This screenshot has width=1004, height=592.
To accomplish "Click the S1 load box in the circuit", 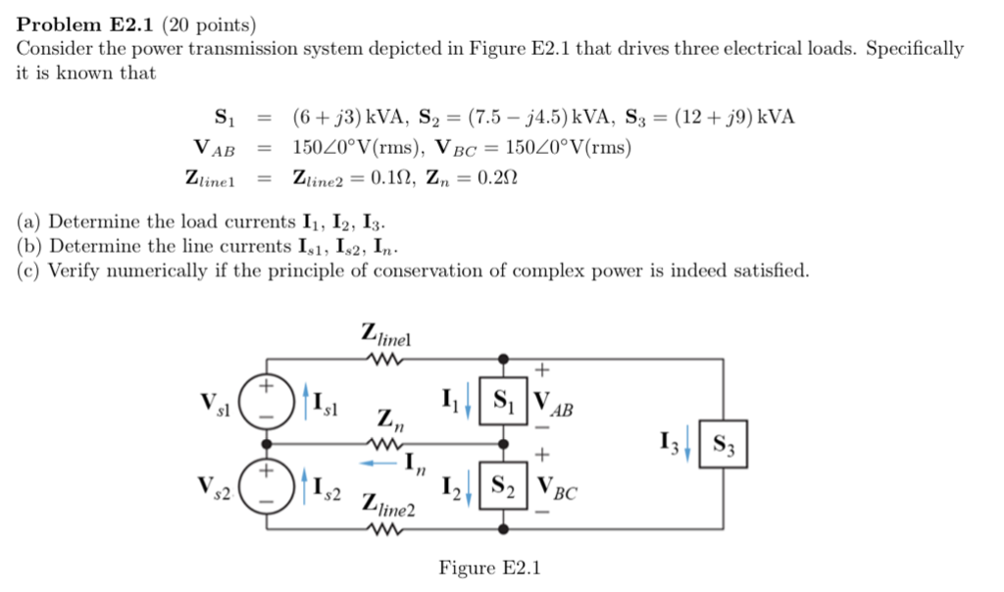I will pyautogui.click(x=503, y=400).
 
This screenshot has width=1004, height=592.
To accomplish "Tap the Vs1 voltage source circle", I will pyautogui.click(x=266, y=401).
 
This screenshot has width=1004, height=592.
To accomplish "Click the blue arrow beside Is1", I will pyautogui.click(x=306, y=401).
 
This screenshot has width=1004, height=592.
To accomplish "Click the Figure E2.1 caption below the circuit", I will pyautogui.click(x=489, y=568).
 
